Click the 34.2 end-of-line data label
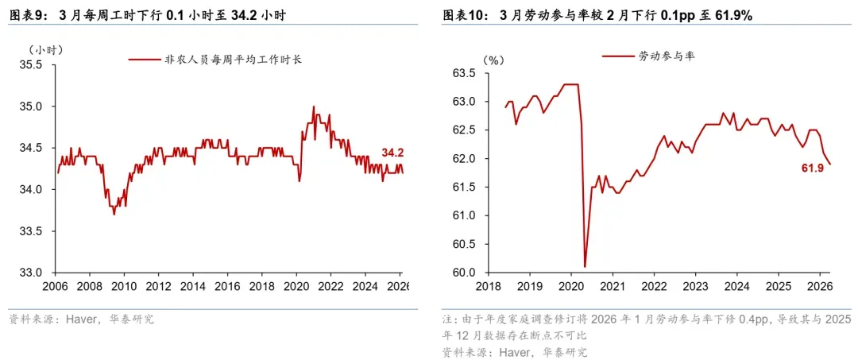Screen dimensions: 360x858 coord(392,153)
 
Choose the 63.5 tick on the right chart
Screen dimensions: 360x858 coord(462,74)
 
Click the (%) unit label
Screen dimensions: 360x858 coord(493,60)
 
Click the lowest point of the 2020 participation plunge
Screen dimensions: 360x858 coord(585,266)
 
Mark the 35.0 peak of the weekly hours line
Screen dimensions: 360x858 coord(313,106)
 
